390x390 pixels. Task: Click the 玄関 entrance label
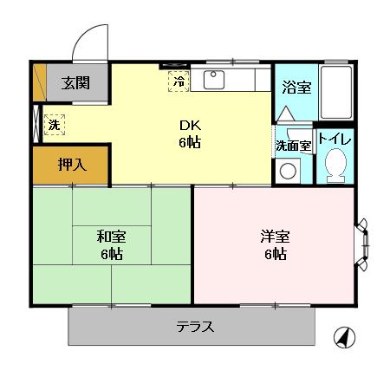click(73, 83)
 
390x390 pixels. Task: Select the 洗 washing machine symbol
click(54, 124)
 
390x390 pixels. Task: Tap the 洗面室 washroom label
click(293, 146)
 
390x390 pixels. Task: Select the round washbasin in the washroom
click(287, 170)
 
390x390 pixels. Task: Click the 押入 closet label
click(71, 165)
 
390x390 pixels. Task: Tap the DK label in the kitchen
click(190, 124)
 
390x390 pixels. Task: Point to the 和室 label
click(110, 235)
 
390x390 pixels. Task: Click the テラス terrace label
click(195, 327)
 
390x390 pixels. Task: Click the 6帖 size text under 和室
click(110, 254)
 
